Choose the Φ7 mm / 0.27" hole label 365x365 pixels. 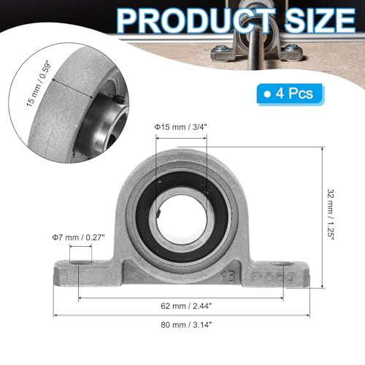79,236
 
